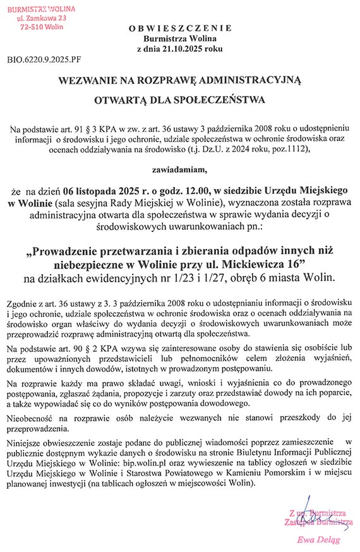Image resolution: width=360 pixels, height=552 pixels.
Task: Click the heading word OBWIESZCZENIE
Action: (180, 28)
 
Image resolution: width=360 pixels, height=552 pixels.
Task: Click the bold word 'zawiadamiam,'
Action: (179, 169)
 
